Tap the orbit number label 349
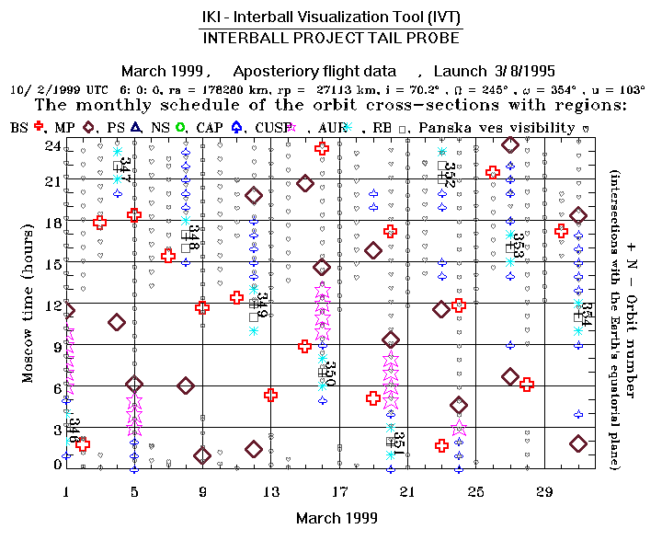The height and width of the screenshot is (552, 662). click(262, 305)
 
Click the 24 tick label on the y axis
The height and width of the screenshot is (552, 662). click(52, 146)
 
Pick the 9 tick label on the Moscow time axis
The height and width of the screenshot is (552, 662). click(57, 346)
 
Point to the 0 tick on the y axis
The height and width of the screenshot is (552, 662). click(57, 466)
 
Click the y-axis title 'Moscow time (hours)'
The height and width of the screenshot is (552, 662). click(28, 306)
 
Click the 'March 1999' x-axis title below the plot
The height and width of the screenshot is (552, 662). click(337, 518)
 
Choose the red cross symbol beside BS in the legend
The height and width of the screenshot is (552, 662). click(39, 127)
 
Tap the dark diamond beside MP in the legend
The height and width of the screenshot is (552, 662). click(89, 127)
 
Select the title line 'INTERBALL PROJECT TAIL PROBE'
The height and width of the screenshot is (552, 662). click(331, 39)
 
